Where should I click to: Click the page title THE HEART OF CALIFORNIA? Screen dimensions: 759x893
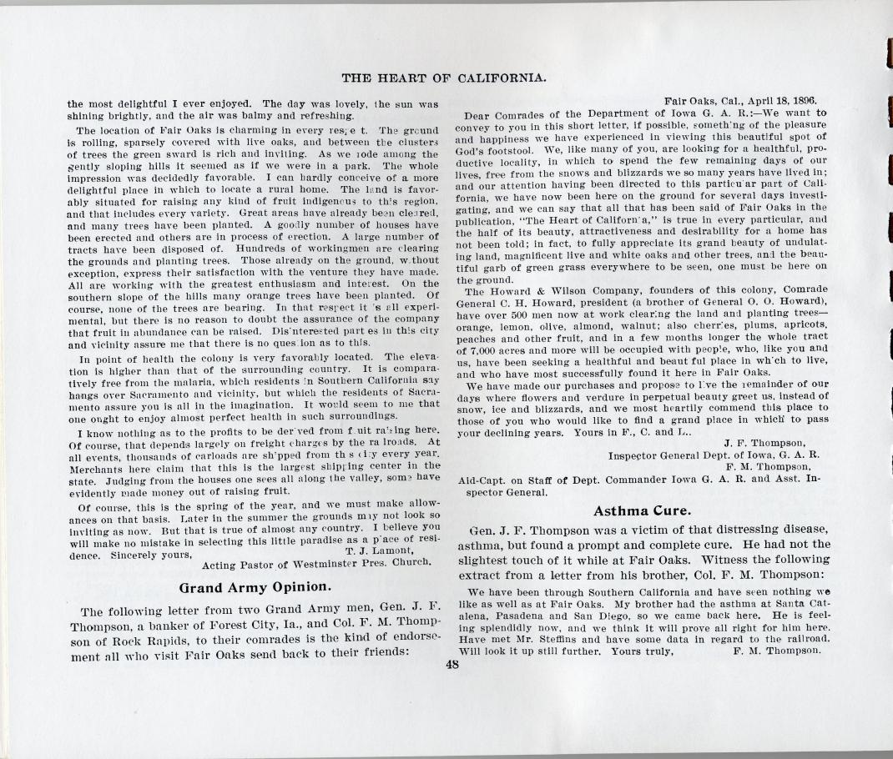click(x=444, y=78)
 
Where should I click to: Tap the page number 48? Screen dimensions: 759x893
click(x=452, y=666)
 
